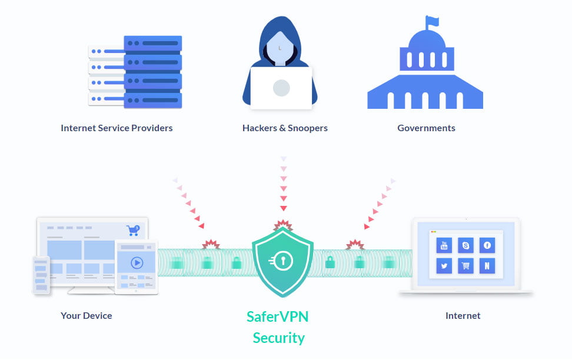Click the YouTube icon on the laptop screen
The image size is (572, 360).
click(x=444, y=245)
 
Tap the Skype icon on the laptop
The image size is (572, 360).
click(x=466, y=245)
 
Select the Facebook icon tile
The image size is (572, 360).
click(x=487, y=245)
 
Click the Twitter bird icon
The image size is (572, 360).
click(x=444, y=266)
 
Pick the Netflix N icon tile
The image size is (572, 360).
click(x=487, y=266)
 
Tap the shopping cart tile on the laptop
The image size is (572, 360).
click(x=466, y=266)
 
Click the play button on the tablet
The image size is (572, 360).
click(x=137, y=263)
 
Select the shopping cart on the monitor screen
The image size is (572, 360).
click(x=132, y=230)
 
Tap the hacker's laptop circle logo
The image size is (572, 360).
click(x=281, y=88)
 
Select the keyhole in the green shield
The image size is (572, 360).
click(x=282, y=260)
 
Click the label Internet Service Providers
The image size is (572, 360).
click(x=117, y=128)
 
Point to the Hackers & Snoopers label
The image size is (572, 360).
click(x=285, y=128)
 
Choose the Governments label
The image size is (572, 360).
click(x=426, y=128)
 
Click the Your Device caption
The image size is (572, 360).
click(x=86, y=315)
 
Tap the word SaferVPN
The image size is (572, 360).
click(x=277, y=316)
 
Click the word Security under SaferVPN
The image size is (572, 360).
click(x=278, y=338)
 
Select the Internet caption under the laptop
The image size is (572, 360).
click(x=463, y=315)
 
